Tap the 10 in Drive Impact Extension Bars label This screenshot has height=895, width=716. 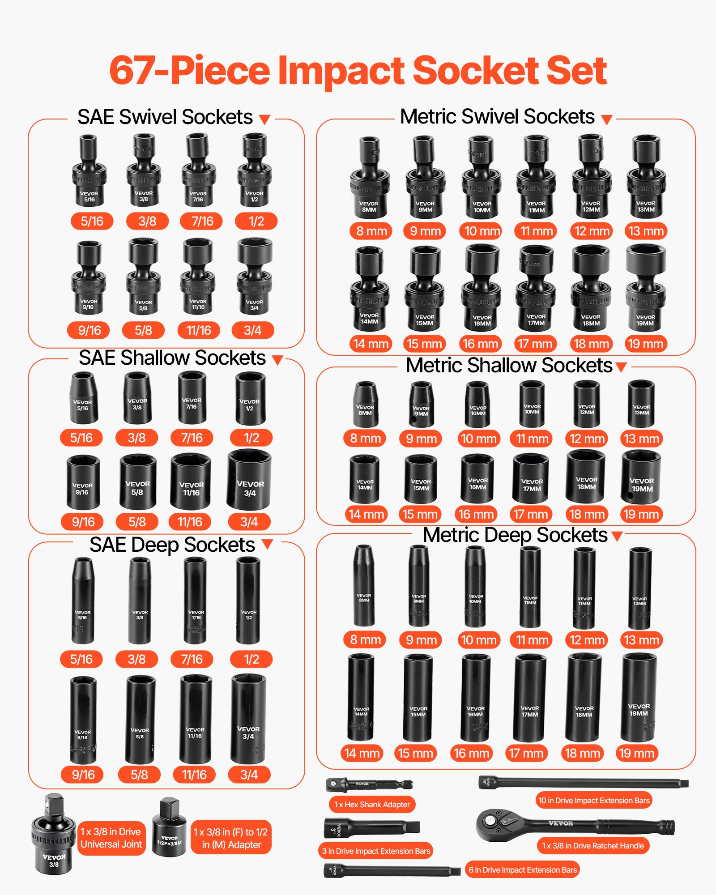(x=594, y=801)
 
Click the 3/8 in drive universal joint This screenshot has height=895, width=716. (x=54, y=835)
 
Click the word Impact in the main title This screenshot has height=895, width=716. (x=342, y=71)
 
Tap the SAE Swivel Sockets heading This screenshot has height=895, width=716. (x=165, y=117)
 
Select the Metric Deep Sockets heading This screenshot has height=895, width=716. (x=515, y=535)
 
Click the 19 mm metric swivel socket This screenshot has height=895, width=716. (x=645, y=289)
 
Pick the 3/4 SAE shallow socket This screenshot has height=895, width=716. (x=249, y=480)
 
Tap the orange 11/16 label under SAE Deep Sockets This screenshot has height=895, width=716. (x=194, y=775)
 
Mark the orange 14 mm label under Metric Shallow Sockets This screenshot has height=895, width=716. (x=367, y=514)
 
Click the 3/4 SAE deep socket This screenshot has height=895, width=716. (x=248, y=720)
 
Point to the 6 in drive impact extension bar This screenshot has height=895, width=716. (x=392, y=871)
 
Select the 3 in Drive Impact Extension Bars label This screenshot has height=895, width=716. (x=376, y=851)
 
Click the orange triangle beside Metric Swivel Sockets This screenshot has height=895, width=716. (x=606, y=119)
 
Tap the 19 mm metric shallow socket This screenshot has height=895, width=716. (x=641, y=477)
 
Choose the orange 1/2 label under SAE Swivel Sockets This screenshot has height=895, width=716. (x=256, y=221)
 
